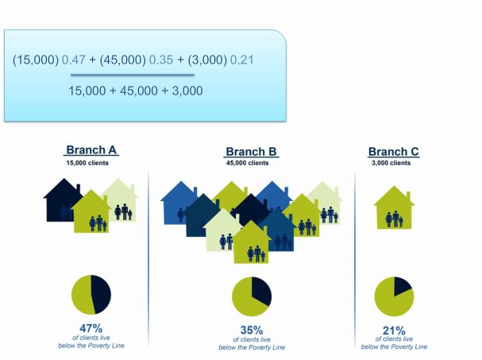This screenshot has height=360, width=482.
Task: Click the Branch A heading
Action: [x=91, y=150]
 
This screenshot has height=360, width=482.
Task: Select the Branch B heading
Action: [x=251, y=152]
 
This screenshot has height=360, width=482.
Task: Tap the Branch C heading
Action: [x=394, y=152]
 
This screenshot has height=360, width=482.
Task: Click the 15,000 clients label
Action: [x=87, y=163]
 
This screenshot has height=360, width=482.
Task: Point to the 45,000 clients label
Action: [x=248, y=163]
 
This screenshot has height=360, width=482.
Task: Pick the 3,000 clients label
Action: [x=391, y=163]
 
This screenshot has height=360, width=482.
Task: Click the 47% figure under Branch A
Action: [x=91, y=328]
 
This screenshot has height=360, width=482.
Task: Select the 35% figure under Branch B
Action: [x=252, y=330]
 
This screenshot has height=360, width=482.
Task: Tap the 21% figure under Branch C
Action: [x=394, y=331]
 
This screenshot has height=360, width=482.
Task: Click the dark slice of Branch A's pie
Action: [x=102, y=295]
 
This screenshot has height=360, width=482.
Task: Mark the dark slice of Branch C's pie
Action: [x=402, y=285]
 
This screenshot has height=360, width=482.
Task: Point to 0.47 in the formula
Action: [x=74, y=60]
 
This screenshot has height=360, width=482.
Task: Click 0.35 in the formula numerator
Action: [x=161, y=60]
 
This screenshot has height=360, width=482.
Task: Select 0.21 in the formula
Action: [x=242, y=60]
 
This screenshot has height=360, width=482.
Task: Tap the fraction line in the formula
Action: [x=133, y=75]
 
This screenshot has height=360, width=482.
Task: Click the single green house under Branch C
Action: [x=394, y=207]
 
